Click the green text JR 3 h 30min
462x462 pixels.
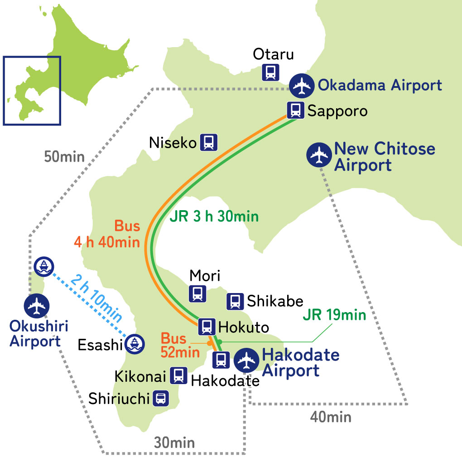click(214, 217)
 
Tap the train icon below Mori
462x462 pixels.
click(197, 294)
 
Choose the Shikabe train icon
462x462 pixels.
click(235, 301)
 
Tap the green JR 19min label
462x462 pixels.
click(334, 315)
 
